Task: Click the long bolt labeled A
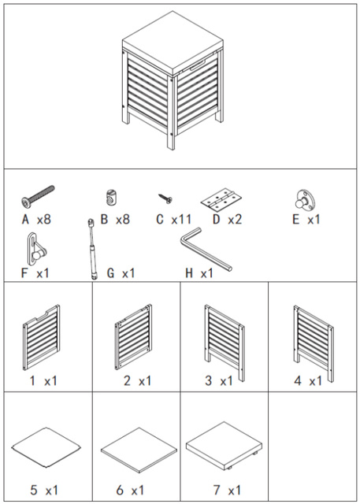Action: [x=38, y=195]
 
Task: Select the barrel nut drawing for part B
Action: [x=110, y=198]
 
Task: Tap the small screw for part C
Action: [x=165, y=198]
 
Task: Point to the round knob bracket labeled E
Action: [x=305, y=200]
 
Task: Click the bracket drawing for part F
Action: [x=35, y=249]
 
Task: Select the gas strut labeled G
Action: [x=92, y=249]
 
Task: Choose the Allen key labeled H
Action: [x=206, y=250]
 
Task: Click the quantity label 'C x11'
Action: [x=173, y=220]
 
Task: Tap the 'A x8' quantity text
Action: [x=36, y=220]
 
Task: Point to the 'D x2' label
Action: [x=227, y=220]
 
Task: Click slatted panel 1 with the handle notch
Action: [x=42, y=338]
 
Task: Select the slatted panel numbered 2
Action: [x=133, y=336]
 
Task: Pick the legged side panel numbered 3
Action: [x=225, y=343]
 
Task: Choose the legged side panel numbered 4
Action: [x=314, y=343]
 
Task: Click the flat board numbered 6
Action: [x=139, y=450]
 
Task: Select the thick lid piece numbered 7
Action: [x=224, y=445]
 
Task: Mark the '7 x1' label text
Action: [x=227, y=491]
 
